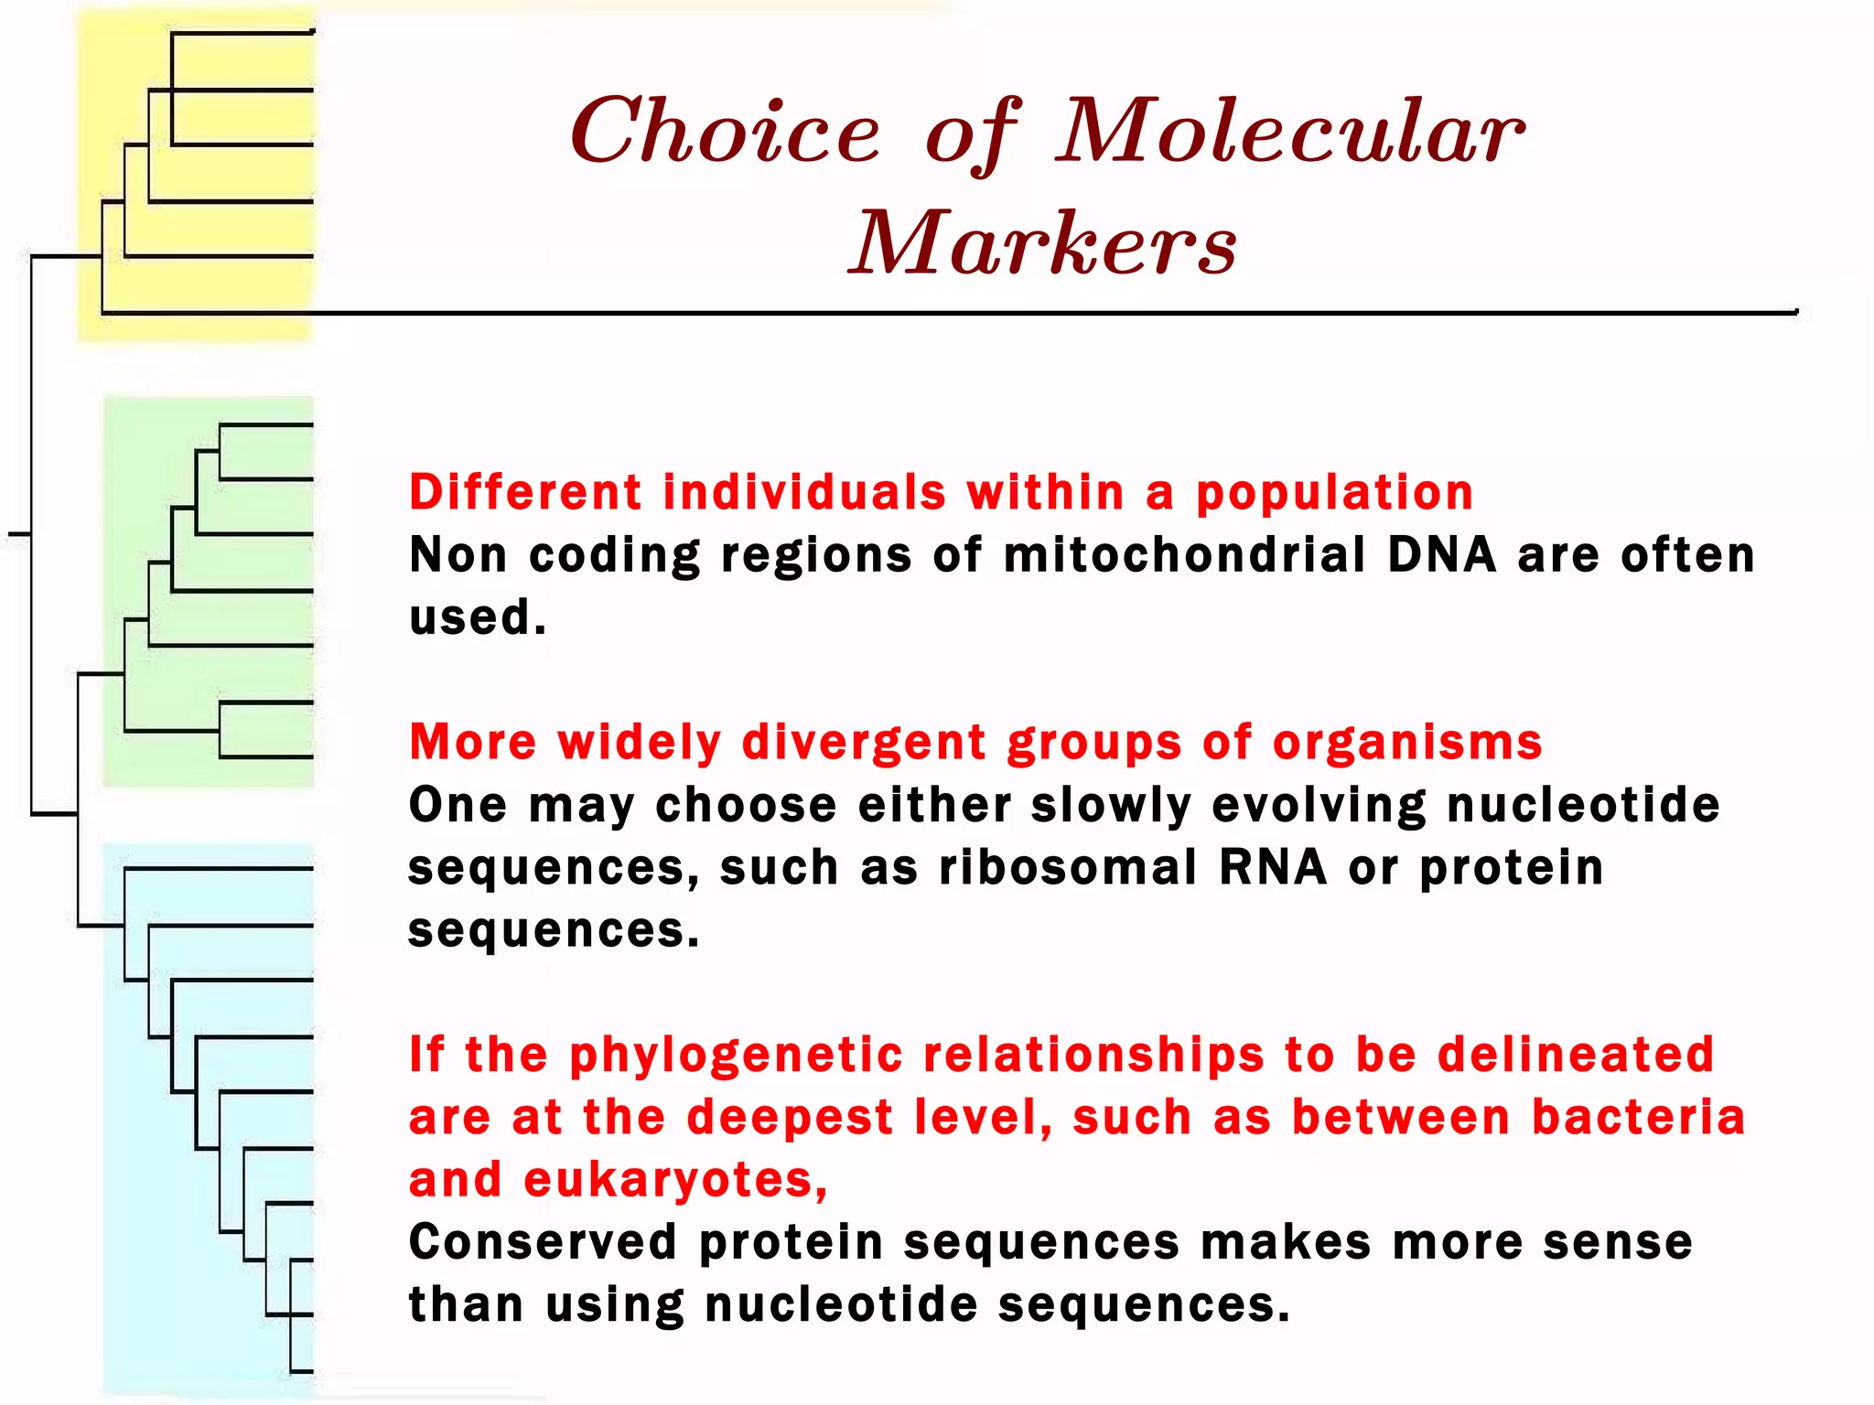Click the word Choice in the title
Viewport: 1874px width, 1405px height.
[x=726, y=133]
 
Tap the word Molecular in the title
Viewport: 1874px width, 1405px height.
[x=1290, y=133]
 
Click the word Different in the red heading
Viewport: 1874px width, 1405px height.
[x=525, y=492]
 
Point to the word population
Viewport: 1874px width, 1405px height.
[x=1335, y=494]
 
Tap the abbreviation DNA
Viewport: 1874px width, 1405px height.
[x=1441, y=554]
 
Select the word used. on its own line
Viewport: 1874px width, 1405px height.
[x=477, y=617]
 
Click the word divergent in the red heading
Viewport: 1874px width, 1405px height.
[x=864, y=742]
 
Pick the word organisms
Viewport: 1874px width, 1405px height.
[x=1407, y=743]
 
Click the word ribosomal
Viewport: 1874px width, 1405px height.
[x=1068, y=867]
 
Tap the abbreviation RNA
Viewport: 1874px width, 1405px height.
[x=1272, y=867]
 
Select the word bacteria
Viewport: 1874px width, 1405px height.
[x=1638, y=1118]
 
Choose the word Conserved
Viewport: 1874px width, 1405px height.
[x=543, y=1242]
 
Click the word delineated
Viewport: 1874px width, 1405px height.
[x=1575, y=1055]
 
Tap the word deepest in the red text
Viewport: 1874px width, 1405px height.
[x=789, y=1118]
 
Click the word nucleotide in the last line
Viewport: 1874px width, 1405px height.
[x=841, y=1305]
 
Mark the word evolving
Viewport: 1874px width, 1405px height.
[x=1319, y=806]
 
